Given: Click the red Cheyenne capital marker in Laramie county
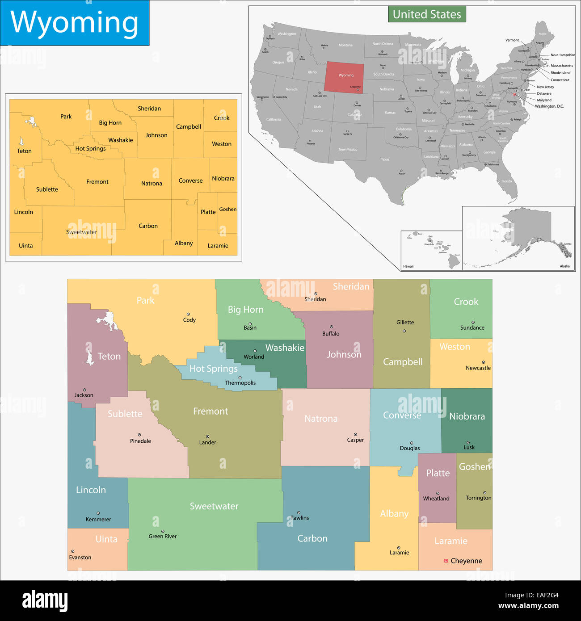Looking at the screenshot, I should click(x=446, y=561).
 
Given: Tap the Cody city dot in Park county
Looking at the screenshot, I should click(x=188, y=314).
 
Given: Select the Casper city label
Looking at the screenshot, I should click(x=355, y=440).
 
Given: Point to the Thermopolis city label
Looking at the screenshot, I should click(x=240, y=383).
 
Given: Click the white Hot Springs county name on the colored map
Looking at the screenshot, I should click(x=213, y=369).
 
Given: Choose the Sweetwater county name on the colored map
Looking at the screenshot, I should click(x=214, y=506).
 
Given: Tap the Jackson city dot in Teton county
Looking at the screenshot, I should click(x=84, y=390).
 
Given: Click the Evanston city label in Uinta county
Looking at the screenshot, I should click(x=80, y=558).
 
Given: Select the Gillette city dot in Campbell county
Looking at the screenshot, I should click(x=404, y=331).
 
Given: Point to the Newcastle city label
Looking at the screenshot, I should click(x=478, y=368).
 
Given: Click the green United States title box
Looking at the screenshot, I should click(x=427, y=14).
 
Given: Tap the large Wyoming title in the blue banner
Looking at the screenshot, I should click(x=74, y=22).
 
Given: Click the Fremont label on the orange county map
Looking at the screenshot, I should click(x=97, y=182).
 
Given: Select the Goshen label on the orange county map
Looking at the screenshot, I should click(x=228, y=209).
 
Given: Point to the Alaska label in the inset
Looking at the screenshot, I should click(x=565, y=266).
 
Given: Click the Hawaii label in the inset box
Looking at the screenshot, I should click(x=408, y=266).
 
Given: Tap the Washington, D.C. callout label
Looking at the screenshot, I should click(x=549, y=106).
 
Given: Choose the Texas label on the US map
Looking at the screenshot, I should click(x=385, y=159).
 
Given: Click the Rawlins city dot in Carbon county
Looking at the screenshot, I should click(x=299, y=513).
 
